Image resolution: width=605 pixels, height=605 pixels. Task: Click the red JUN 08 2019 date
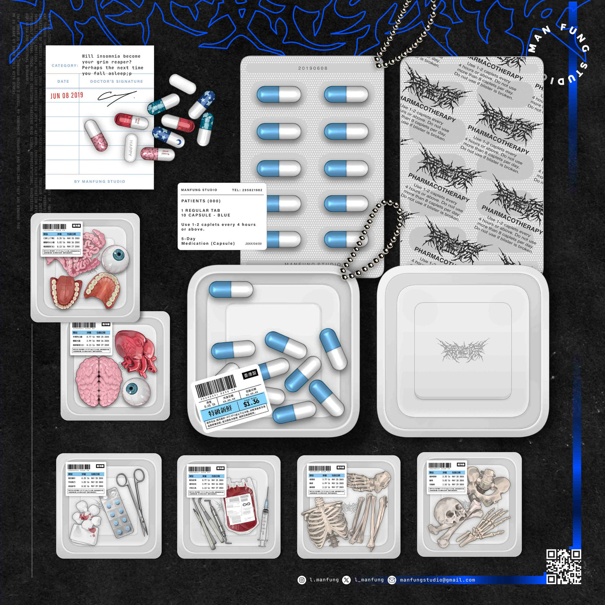67,95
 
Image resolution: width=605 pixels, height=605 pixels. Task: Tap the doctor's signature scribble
116,97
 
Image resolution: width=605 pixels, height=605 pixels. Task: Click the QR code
563,566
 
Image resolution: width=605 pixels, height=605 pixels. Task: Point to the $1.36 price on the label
251,403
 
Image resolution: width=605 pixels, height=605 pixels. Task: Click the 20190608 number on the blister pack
312,69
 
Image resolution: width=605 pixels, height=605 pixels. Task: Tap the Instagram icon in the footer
302,580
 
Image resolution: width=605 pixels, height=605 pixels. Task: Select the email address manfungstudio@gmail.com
437,580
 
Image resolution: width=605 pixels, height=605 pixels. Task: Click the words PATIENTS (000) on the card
201,201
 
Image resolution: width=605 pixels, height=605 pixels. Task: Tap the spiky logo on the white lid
462,350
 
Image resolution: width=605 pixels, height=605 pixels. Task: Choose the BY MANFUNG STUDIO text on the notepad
100,181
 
